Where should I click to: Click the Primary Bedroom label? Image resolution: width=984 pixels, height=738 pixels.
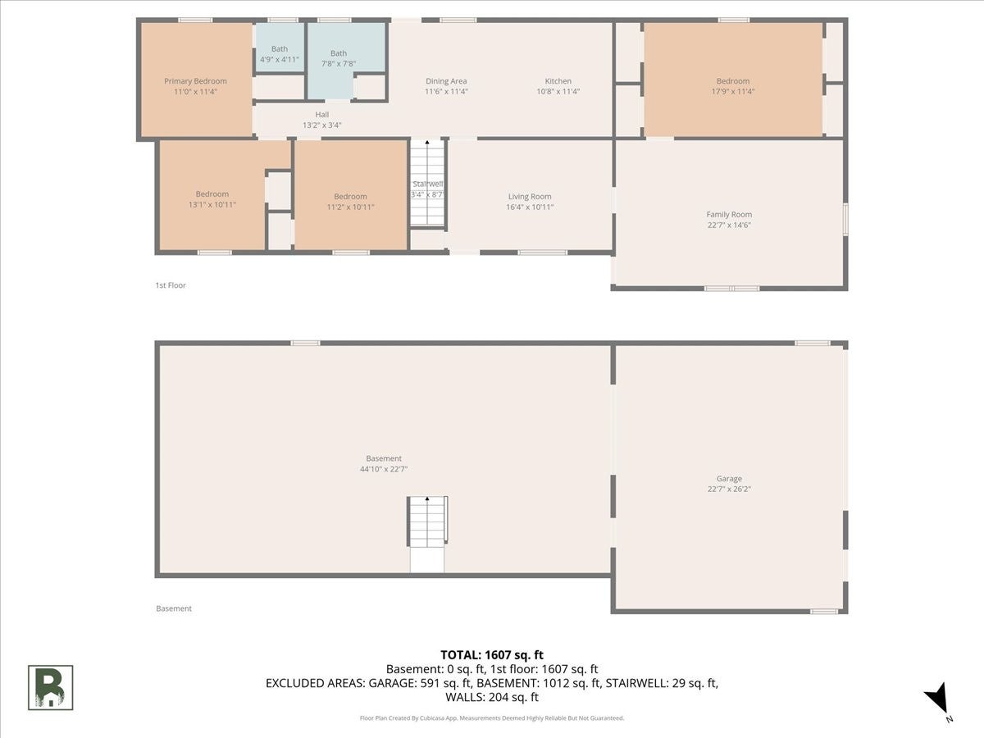[195, 81]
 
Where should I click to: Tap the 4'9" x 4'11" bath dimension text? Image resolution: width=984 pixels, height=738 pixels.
[280, 59]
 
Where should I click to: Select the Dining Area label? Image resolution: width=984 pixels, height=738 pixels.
[446, 81]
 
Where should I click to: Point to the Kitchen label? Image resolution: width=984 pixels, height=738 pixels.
[558, 81]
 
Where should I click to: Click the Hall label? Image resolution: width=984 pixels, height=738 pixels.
[322, 115]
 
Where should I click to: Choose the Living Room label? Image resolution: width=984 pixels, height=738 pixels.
[530, 196]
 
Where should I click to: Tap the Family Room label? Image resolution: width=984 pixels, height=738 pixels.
[729, 215]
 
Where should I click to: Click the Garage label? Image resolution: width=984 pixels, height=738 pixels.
[729, 479]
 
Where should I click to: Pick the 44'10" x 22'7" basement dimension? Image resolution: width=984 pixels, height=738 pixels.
[384, 469]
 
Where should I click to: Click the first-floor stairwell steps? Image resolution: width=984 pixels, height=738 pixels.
[427, 183]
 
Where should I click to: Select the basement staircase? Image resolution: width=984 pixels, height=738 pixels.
[427, 522]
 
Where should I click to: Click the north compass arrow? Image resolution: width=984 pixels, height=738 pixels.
[938, 697]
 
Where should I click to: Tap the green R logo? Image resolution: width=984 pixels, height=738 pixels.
[50, 688]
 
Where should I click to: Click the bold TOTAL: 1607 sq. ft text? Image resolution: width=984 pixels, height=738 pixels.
[492, 655]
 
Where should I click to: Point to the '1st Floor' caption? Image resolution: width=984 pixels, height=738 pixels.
[171, 285]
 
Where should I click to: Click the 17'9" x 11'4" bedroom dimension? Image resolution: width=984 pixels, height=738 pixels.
[733, 91]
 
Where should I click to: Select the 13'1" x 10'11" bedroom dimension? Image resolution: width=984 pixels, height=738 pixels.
[212, 205]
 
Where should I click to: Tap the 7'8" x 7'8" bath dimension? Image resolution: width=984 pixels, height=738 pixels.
[339, 64]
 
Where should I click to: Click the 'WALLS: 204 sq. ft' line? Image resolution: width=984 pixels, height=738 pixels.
[492, 697]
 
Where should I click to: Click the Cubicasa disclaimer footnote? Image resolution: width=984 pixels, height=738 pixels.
[492, 718]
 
